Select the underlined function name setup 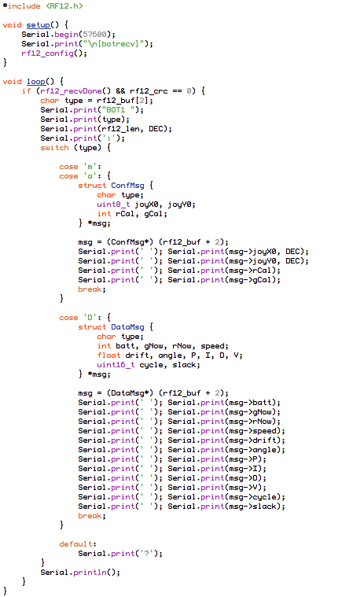coord(38,25)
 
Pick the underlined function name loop coord(36,82)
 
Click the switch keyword coord(54,148)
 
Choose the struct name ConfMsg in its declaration coord(127,186)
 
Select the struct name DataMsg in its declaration coord(127,327)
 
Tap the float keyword coord(108,356)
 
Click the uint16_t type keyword coord(116,365)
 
